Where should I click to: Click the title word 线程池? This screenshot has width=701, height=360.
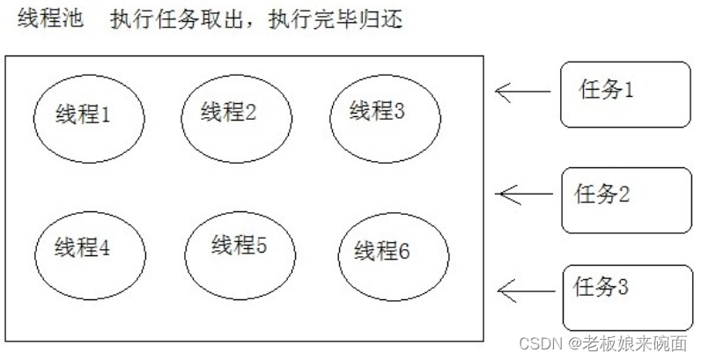(x=50, y=20)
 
